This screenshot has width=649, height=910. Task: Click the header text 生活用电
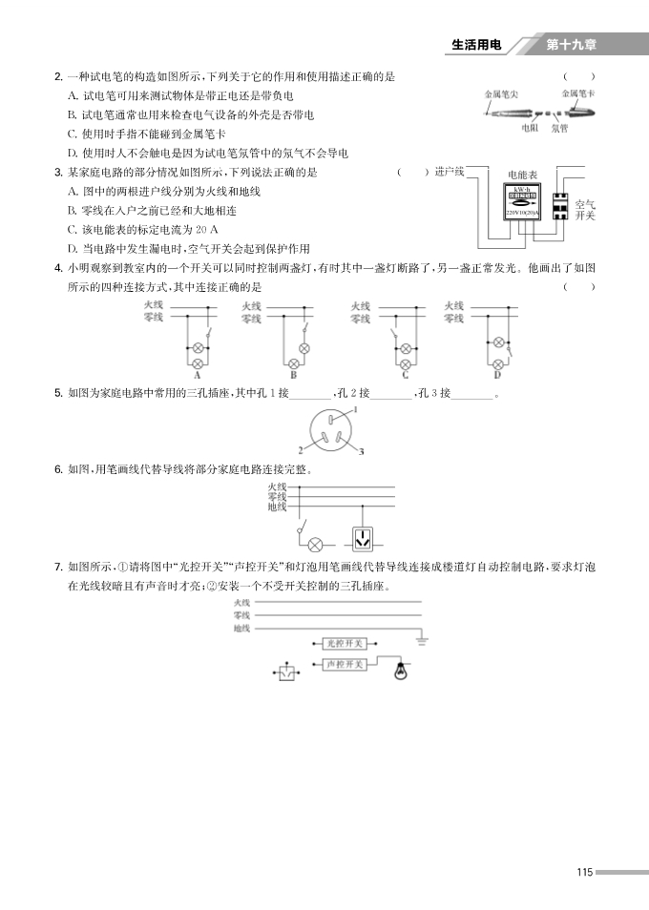tap(475, 45)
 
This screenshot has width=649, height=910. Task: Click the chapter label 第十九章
tap(572, 45)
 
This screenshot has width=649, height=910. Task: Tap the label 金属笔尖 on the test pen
tap(501, 94)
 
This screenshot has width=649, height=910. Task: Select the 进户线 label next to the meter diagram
tap(449, 172)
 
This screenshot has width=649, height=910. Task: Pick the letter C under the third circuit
tap(405, 376)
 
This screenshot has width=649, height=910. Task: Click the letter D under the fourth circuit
tap(497, 376)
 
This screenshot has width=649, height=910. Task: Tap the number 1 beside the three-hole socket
tap(354, 409)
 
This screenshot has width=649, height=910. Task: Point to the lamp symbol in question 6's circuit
tap(316, 544)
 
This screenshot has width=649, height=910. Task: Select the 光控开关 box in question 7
tap(341, 644)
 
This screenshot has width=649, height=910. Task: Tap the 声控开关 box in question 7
tap(341, 663)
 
